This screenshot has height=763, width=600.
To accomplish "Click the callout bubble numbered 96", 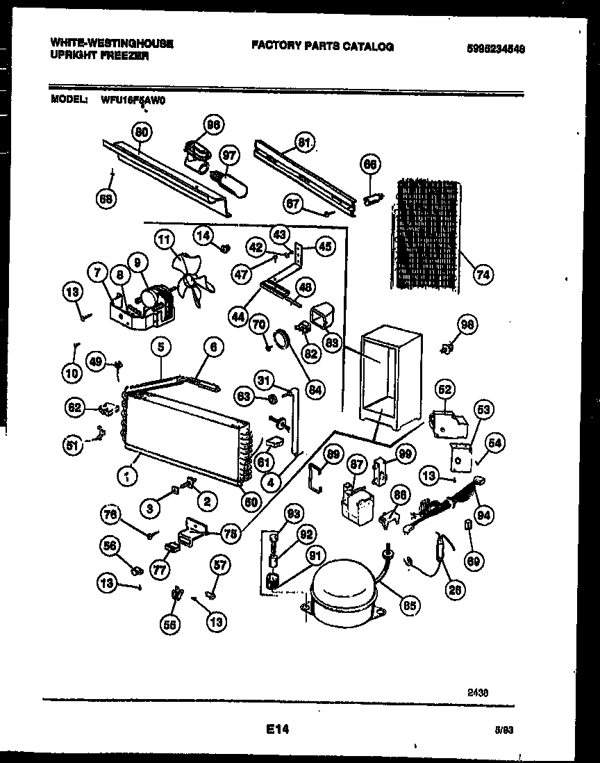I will click(x=212, y=126).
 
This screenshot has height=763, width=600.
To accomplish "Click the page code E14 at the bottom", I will click(x=277, y=730).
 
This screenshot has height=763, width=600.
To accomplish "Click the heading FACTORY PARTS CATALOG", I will click(x=322, y=47).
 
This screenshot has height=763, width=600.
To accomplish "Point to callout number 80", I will click(x=142, y=132).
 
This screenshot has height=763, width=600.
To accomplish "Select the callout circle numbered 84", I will click(x=316, y=391).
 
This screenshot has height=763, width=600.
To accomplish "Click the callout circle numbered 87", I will click(x=356, y=463).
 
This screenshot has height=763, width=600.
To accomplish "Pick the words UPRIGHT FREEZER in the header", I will click(x=99, y=56).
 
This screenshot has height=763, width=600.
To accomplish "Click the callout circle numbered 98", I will click(x=467, y=324).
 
